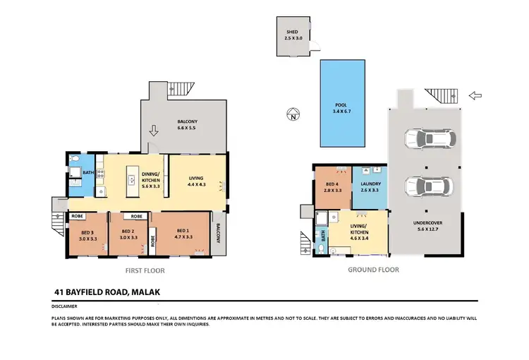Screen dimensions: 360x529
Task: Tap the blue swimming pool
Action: pos(342,104)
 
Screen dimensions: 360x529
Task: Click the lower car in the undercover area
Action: pos(424,187)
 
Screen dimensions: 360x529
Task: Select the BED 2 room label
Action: pos(128,234)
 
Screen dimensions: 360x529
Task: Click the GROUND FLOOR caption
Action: pos(373,270)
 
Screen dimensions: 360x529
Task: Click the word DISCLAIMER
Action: pos(65,307)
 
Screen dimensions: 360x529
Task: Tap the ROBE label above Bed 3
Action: pos(77,216)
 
